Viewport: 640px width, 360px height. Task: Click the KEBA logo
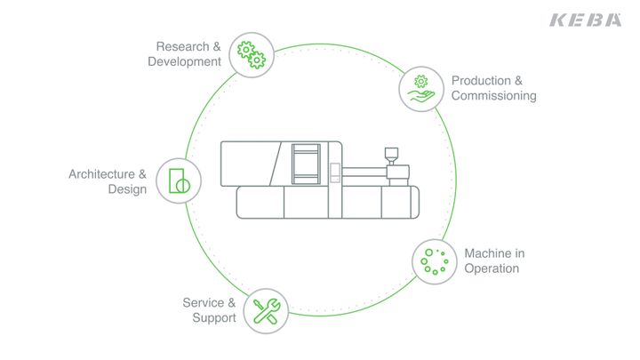586,20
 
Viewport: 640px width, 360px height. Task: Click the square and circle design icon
179,180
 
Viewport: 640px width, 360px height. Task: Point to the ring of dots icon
434,260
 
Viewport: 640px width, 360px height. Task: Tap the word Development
184,61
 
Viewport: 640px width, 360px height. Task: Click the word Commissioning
493,95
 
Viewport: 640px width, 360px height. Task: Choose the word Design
127,189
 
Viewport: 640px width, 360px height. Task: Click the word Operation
492,268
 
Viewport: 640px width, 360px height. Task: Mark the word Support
214,317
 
